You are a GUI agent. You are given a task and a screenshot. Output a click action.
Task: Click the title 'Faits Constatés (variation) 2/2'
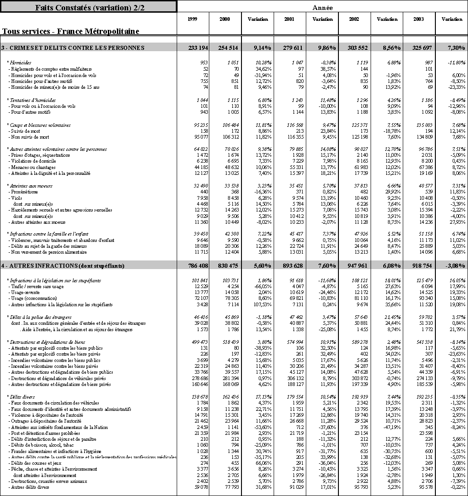point(88,7)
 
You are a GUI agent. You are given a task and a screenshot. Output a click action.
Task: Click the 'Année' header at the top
point(323,7)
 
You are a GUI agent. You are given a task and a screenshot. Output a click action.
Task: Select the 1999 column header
point(193,19)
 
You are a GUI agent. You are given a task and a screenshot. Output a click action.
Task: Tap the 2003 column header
point(420,19)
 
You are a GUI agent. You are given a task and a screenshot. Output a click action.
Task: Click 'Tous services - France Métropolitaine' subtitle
point(71,31)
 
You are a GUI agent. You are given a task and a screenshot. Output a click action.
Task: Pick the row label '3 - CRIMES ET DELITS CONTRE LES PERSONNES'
point(73,48)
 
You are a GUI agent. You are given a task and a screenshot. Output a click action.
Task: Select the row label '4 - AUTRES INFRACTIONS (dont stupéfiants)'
point(63,266)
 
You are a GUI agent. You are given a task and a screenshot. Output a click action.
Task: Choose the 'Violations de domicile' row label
point(32,161)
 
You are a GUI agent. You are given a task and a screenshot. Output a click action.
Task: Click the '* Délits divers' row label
point(21,397)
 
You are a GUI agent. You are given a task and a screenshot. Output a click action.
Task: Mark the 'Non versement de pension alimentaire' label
point(48,252)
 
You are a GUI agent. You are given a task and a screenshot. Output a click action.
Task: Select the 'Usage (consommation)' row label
point(33,299)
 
